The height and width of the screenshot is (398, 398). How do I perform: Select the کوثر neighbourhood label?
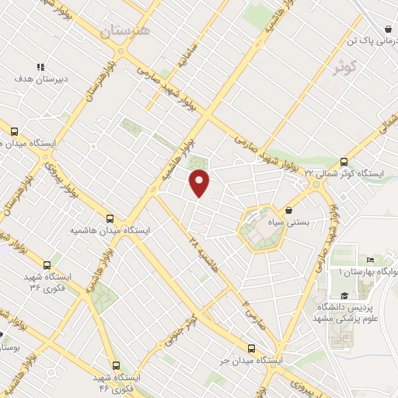pyautogui.click(x=347, y=68)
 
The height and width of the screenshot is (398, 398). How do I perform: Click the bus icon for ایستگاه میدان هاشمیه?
pyautogui.click(x=110, y=219)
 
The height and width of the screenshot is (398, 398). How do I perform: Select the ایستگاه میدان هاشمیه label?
pyautogui.click(x=110, y=231)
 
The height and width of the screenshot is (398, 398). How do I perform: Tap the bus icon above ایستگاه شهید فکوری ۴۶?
pyautogui.click(x=116, y=365)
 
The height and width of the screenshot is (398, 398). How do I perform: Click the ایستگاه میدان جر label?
pyautogui.click(x=250, y=361)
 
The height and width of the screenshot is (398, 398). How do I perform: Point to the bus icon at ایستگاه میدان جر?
pyautogui.click(x=250, y=349)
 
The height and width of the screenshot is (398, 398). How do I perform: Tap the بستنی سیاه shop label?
pyautogui.click(x=288, y=222)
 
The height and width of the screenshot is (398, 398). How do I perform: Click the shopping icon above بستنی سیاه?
pyautogui.click(x=289, y=210)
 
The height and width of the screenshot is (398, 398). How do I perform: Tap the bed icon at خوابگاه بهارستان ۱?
pyautogui.click(x=370, y=260)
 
